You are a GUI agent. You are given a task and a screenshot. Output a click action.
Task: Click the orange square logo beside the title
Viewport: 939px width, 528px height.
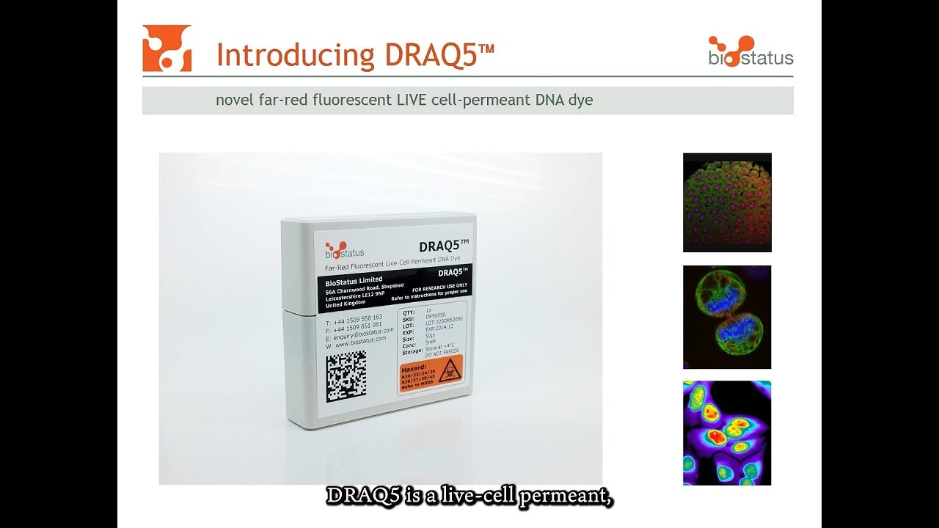coord(167,48)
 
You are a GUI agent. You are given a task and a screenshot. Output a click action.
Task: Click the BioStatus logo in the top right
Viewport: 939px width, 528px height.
coord(750,51)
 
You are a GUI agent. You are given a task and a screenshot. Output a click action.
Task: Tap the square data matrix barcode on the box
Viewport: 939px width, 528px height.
coord(346,375)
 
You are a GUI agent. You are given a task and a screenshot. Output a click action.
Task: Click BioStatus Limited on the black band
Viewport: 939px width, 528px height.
coord(354,280)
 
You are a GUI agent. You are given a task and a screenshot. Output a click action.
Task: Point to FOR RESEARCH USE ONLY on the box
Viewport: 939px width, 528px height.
coord(439,287)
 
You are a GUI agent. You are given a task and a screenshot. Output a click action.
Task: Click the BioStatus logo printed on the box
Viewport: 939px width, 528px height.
coord(345,249)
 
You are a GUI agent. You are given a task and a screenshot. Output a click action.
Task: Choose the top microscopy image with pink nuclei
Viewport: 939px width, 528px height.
coord(727,202)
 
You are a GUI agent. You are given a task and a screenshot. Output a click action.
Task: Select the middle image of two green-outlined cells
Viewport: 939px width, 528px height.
coord(727,317)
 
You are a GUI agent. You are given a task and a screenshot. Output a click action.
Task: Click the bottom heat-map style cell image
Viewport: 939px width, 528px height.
coord(727,433)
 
